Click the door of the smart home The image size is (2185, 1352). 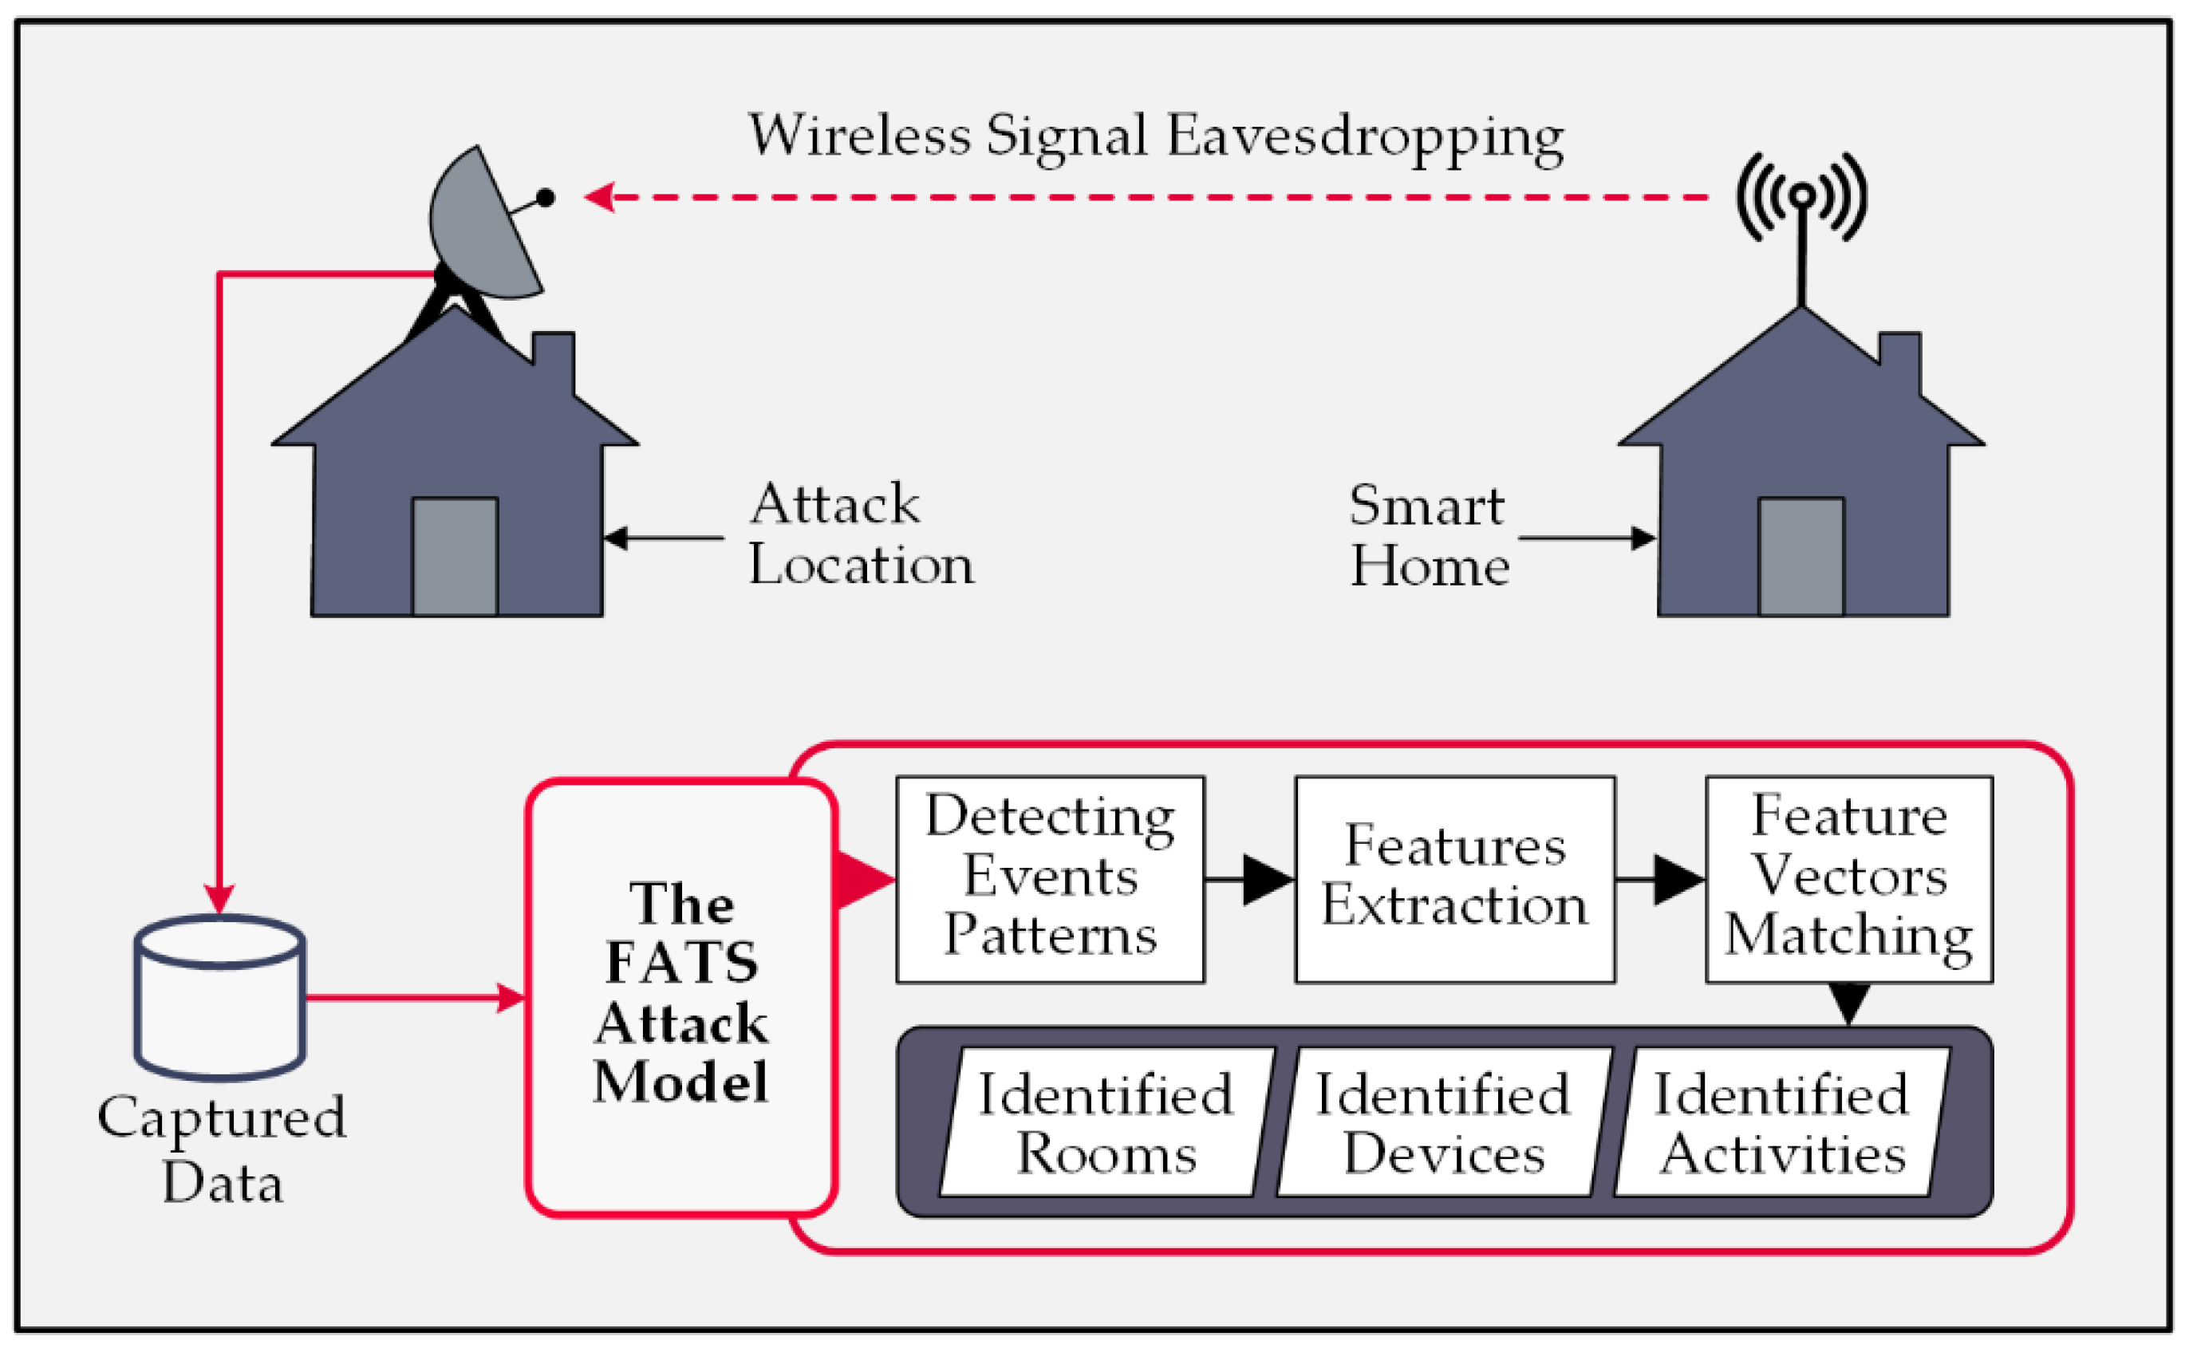pyautogui.click(x=1800, y=556)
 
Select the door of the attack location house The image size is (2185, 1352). pyautogui.click(x=454, y=556)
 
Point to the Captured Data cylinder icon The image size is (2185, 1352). pyautogui.click(x=220, y=997)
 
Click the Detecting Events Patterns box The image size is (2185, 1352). pyautogui.click(x=1050, y=880)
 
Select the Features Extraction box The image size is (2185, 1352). pyautogui.click(x=1453, y=880)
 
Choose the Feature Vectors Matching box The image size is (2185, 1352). pyautogui.click(x=1849, y=880)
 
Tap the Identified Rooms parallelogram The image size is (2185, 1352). pyautogui.click(x=1106, y=1122)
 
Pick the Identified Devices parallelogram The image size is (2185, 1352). pyautogui.click(x=1443, y=1122)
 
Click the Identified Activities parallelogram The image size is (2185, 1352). pyautogui.click(x=1782, y=1122)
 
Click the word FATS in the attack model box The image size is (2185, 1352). pyautogui.click(x=681, y=964)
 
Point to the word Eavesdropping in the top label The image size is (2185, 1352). pyautogui.click(x=1364, y=139)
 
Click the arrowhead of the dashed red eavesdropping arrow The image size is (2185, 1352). pyautogui.click(x=599, y=197)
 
